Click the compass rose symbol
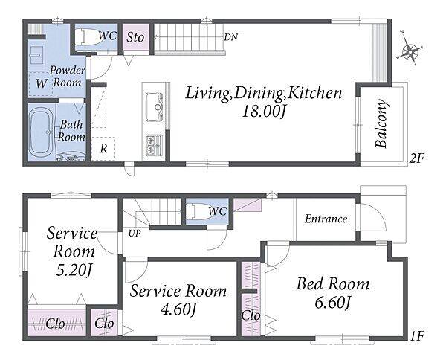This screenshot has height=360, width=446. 410,51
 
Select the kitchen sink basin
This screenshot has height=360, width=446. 155,102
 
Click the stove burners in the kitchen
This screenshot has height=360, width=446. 155,145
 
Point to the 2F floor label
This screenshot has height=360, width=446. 416,158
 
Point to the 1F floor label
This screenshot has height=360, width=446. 417,336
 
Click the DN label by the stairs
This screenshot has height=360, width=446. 230,37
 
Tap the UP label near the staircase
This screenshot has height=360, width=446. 135,234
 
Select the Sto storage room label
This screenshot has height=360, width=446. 135,37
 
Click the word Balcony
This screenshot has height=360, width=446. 381,123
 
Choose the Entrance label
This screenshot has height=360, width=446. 326,219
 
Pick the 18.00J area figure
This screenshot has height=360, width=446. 263,112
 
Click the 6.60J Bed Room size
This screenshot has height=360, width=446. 332,302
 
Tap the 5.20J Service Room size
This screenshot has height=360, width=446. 73,270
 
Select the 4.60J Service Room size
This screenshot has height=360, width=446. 178,309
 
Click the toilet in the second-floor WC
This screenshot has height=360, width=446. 89,36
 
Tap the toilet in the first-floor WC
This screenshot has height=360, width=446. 200,211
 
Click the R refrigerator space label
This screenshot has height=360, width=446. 104,148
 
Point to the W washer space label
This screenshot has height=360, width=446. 41,83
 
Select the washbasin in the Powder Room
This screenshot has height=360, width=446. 36,54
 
